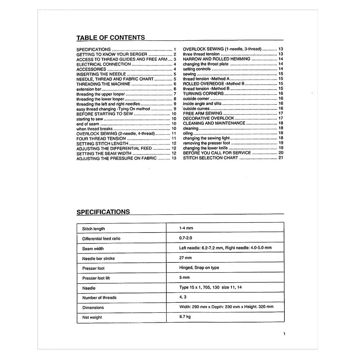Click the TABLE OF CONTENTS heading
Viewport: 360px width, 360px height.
[x=111, y=37]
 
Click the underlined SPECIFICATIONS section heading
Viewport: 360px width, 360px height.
[x=103, y=212]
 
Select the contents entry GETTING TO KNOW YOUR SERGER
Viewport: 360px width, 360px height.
[x=112, y=54]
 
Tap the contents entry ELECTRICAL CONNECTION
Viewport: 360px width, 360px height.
[x=104, y=64]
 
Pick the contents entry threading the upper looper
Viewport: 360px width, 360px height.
[x=100, y=94]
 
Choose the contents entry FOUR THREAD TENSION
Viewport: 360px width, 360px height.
[x=101, y=139]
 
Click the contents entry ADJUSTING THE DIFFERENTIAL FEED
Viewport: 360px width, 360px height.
[x=114, y=148]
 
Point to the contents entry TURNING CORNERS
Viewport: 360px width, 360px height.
[x=203, y=94]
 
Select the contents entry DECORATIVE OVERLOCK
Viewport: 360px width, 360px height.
[x=208, y=118]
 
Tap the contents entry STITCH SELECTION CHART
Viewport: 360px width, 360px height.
[x=211, y=158]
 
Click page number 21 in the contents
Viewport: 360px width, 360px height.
[x=281, y=158]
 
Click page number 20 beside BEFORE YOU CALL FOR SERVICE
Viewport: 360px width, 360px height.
[x=281, y=153]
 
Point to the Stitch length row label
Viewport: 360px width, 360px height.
[x=93, y=229]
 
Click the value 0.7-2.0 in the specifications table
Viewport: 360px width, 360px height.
[x=186, y=238]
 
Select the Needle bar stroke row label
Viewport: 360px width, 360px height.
[x=98, y=258]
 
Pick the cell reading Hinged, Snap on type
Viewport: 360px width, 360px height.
[x=199, y=267]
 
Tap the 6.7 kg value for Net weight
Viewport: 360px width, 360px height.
[x=185, y=317]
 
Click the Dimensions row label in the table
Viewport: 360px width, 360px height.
[x=93, y=307]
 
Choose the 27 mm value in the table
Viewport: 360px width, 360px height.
[x=185, y=258]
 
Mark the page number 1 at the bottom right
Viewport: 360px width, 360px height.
[x=284, y=334]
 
